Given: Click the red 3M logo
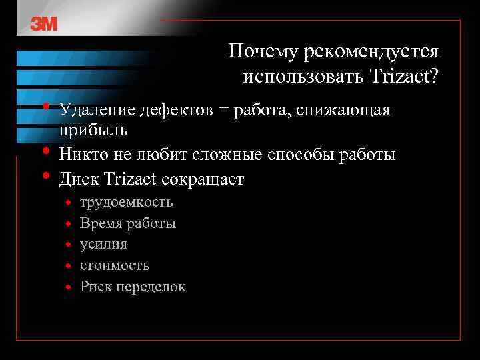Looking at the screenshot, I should (44, 24).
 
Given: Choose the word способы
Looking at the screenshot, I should (300, 155).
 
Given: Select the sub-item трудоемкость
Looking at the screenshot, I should (126, 202).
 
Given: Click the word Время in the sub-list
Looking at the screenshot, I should (101, 223).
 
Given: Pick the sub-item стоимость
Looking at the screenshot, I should (115, 265).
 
